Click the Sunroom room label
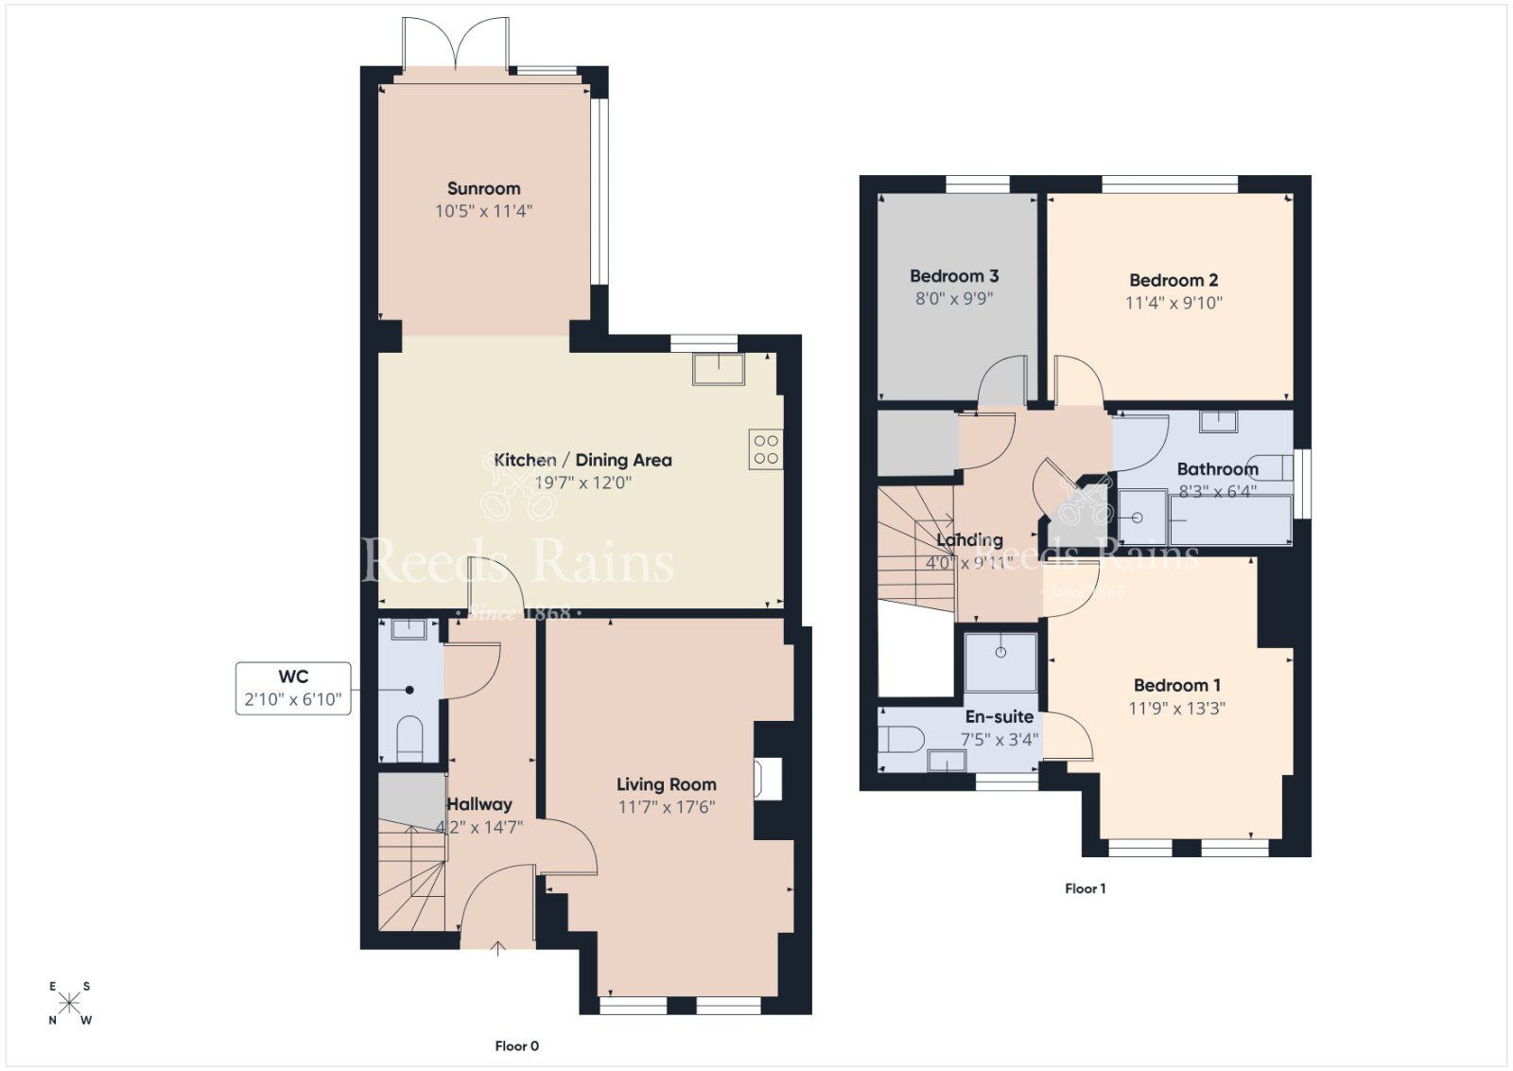tap(483, 188)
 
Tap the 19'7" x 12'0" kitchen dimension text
tap(583, 483)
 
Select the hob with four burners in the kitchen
tap(766, 449)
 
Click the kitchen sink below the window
tap(718, 368)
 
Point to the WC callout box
tap(293, 688)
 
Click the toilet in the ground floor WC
tap(409, 738)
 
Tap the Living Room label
tap(666, 784)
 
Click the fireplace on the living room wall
tap(768, 781)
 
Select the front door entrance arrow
tap(498, 948)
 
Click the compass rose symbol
tap(70, 1003)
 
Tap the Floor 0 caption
tap(516, 1045)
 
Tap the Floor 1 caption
tap(1085, 888)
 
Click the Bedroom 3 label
tap(953, 276)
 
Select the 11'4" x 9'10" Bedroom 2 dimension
tap(1174, 303)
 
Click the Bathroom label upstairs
tap(1217, 469)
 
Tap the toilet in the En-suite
tap(900, 739)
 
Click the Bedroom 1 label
tap(1176, 685)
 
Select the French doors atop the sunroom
tap(457, 44)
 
